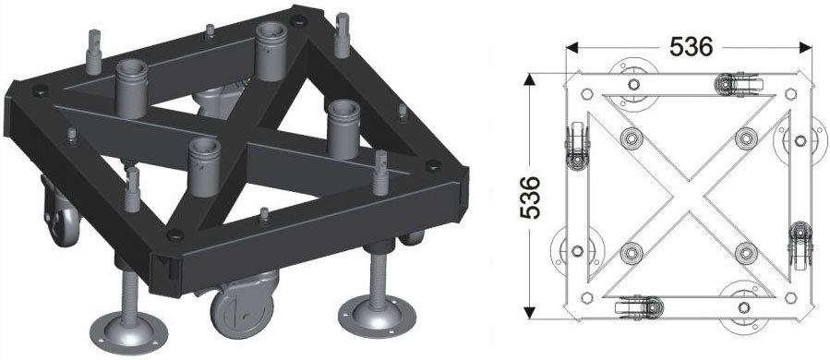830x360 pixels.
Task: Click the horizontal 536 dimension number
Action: click(691, 47)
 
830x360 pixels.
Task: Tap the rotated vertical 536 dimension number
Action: click(530, 198)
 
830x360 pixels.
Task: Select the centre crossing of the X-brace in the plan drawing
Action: click(689, 196)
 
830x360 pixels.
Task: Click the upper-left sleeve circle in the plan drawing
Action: click(631, 138)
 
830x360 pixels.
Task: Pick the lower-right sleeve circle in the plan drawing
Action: click(746, 253)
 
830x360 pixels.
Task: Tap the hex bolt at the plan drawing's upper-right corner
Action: click(790, 94)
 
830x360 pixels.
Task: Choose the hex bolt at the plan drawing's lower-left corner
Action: click(586, 297)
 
